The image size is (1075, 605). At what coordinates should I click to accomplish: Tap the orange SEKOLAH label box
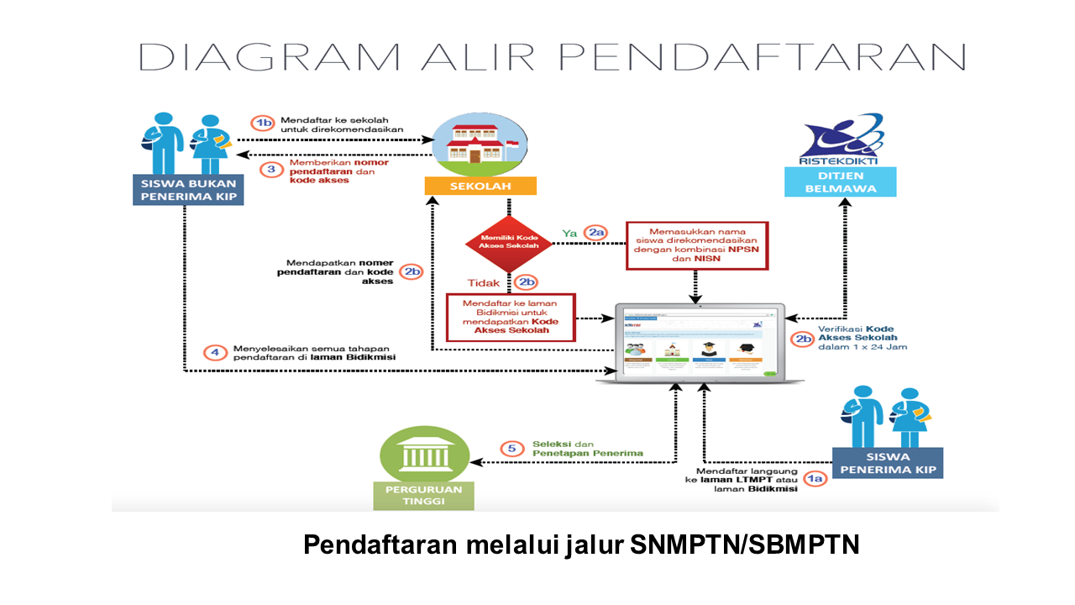tap(480, 186)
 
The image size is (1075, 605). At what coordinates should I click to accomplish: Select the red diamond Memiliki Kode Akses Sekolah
tap(509, 244)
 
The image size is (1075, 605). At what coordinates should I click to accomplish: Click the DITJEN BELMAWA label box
tap(841, 181)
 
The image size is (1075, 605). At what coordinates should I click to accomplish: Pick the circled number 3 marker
tap(271, 169)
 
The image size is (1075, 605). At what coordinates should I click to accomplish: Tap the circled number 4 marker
tap(214, 353)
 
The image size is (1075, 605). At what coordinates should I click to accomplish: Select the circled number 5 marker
tap(511, 449)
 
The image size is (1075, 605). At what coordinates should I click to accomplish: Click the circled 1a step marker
tap(815, 479)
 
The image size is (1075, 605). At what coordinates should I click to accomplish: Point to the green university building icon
tap(424, 454)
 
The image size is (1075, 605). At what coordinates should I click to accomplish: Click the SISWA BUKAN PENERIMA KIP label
tap(188, 191)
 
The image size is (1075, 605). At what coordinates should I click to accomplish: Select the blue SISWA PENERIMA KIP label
tap(888, 464)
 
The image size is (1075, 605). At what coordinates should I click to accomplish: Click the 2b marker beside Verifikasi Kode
tap(803, 340)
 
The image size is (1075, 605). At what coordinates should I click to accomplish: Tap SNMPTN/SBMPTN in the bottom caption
tap(744, 544)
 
